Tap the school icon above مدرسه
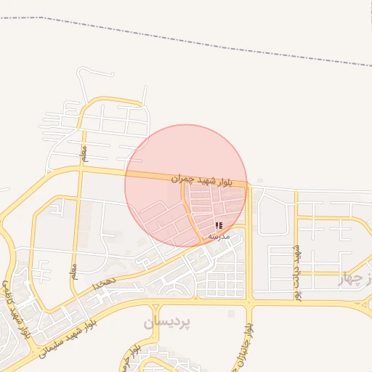(x=219, y=226)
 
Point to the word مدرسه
(x=219, y=236)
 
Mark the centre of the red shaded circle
(x=186, y=185)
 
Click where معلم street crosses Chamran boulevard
(x=81, y=169)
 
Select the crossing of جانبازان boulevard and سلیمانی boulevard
(x=248, y=302)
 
